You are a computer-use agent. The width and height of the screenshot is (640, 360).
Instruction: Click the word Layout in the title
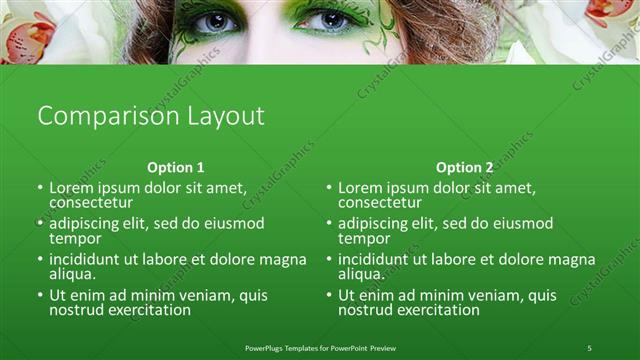pos(226,116)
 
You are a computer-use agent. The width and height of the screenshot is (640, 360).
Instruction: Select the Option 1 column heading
pos(176,168)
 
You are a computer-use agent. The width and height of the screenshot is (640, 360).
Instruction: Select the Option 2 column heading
pos(465,168)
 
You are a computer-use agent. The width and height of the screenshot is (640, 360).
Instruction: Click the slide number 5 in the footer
pos(589,347)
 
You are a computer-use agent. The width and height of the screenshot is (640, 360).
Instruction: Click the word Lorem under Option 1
pos(73,187)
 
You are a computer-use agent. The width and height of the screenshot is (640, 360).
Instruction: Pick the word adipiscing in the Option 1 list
pos(88,223)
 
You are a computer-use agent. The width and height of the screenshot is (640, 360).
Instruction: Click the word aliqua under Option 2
pos(361,274)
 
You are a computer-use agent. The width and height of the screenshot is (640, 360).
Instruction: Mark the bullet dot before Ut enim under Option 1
pos(40,296)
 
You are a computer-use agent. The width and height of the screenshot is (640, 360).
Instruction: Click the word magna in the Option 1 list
pos(283,259)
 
